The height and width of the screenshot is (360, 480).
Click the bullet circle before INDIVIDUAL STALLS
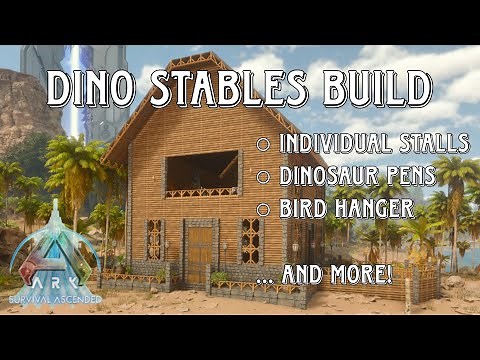click(263, 143)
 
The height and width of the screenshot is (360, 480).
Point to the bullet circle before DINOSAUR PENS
click(263, 177)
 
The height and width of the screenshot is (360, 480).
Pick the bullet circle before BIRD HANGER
click(263, 210)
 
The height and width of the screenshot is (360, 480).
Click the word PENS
click(413, 177)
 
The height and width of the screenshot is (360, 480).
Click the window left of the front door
click(154, 240)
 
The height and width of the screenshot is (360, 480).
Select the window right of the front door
click(249, 240)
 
